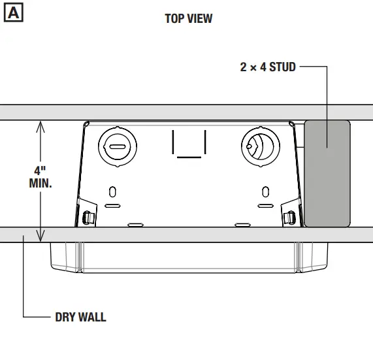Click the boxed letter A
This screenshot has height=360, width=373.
click(x=14, y=12)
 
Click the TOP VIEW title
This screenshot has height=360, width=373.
click(x=189, y=18)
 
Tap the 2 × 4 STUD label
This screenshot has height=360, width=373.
click(x=268, y=67)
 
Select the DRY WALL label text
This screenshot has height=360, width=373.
click(x=80, y=317)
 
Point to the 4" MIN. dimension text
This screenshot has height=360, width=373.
click(x=41, y=177)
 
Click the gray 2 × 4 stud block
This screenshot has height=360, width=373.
click(x=327, y=174)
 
